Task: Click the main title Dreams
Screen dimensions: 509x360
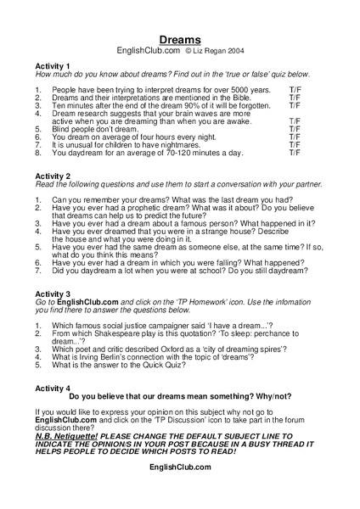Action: coord(180,40)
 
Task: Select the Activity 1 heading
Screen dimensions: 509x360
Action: coord(53,66)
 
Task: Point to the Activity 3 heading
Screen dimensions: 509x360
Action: coord(53,294)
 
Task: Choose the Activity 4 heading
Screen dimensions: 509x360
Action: coord(53,388)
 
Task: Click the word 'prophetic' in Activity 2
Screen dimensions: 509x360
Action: coord(153,208)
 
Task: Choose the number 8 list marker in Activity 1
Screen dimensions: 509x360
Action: coord(38,153)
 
